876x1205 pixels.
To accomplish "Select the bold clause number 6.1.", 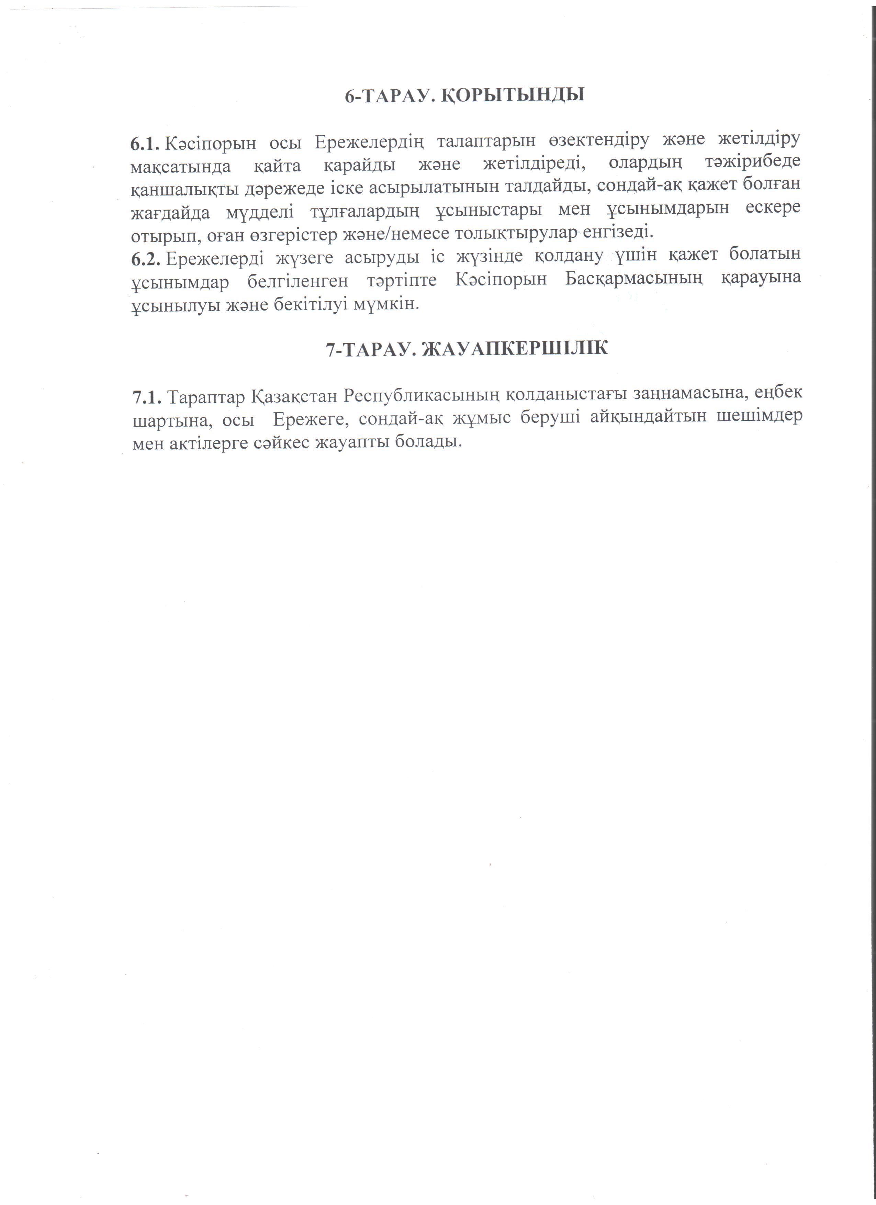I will coord(145,143).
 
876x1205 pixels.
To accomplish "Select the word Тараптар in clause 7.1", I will coord(207,397).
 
